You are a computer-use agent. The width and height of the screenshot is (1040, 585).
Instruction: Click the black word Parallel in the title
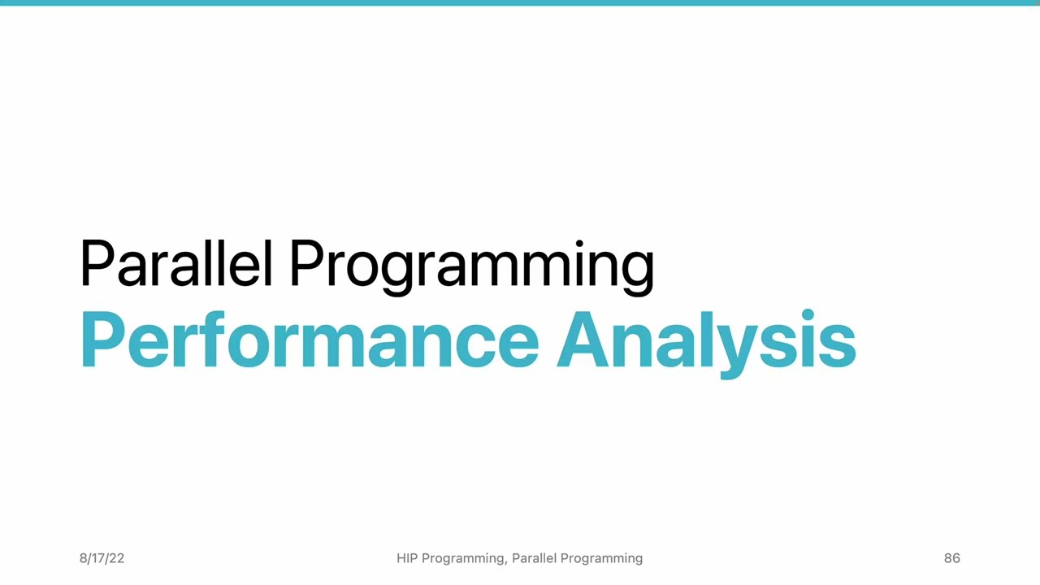[x=175, y=263]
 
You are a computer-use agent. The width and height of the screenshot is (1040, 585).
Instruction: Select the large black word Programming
[x=471, y=265]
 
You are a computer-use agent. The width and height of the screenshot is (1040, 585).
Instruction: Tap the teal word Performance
[x=309, y=340]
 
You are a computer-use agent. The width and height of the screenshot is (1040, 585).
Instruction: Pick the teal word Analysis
[x=705, y=340]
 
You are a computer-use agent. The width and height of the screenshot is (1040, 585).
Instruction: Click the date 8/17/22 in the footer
[x=102, y=558]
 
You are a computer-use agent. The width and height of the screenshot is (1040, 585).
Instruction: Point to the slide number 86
[x=951, y=558]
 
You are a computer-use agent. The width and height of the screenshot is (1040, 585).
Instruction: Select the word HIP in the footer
[x=407, y=558]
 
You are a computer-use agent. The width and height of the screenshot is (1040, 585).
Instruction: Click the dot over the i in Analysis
[x=807, y=314]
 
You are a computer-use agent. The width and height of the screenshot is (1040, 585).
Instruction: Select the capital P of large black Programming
[x=306, y=263]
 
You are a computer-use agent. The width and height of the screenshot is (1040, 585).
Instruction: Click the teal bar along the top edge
[x=520, y=2]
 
